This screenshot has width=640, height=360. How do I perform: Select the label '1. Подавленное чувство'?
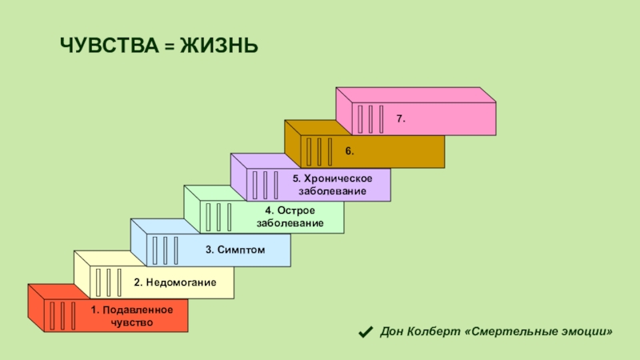pos(121,315)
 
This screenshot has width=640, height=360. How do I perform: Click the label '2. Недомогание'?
pos(175,282)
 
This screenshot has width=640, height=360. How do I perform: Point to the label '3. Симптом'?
pos(234,250)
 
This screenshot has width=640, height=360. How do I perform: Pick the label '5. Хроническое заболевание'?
pos(332,185)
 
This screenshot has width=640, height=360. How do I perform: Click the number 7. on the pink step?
pos(401,118)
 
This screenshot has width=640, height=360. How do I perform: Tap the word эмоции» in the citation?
pos(590,331)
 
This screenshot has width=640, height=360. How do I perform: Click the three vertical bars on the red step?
pos(61,315)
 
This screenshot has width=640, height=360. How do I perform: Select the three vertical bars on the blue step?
pos(165,250)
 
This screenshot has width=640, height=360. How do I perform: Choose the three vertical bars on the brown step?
pos(318,151)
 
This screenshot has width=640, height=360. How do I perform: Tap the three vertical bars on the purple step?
pos(265,184)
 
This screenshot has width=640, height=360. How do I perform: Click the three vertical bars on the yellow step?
pos(107,282)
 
